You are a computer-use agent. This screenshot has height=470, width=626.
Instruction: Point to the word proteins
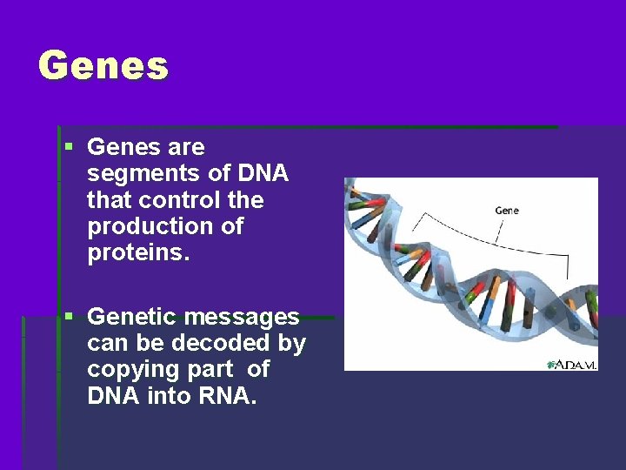tap(136, 253)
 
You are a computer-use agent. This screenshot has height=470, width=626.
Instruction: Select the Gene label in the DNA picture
tap(507, 211)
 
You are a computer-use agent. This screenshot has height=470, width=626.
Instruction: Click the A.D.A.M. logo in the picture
tap(571, 364)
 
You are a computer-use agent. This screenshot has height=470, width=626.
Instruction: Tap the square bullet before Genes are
tap(69, 147)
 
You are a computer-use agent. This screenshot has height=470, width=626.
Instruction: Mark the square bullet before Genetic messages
tap(69, 317)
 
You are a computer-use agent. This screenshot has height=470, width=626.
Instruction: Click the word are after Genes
tap(186, 147)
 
